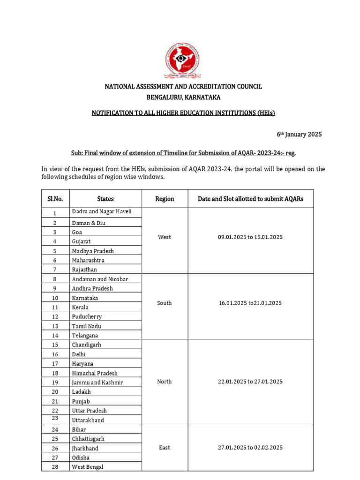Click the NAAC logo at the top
pos(183,60)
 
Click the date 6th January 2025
pos(299,135)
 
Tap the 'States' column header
pos(105,199)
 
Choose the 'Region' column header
pos(165,199)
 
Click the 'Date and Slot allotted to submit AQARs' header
pos(250,199)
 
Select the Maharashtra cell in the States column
pos(88,260)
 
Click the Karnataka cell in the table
pos(85,298)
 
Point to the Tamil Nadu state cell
pos(86,326)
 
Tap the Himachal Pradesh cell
pos(95,373)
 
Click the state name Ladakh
pos(81,392)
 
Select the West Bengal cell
pos(88,467)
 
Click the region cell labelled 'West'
pos(165,237)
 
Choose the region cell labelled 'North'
pos(165,382)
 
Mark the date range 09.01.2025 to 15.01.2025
pos(250,237)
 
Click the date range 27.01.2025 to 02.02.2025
pos(250,448)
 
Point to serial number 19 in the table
pos(55,382)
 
